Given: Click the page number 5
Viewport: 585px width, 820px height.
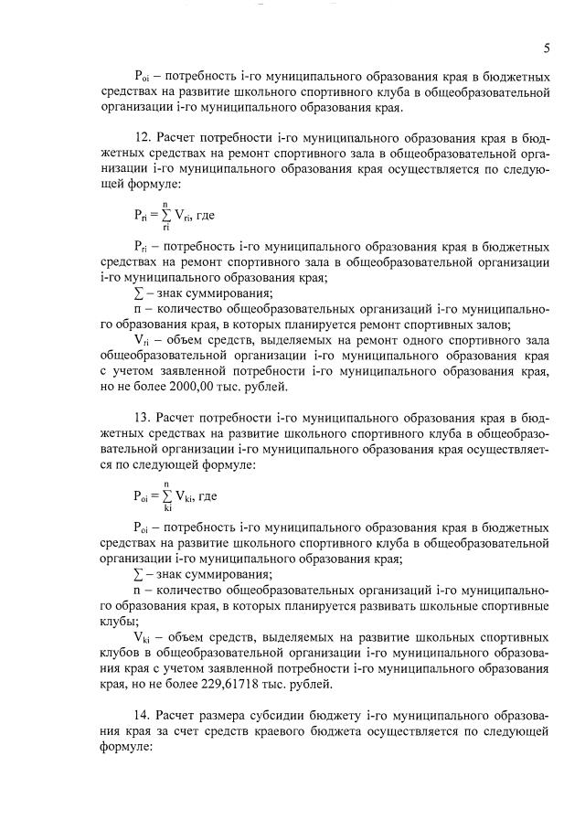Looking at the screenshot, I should point(546,48).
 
